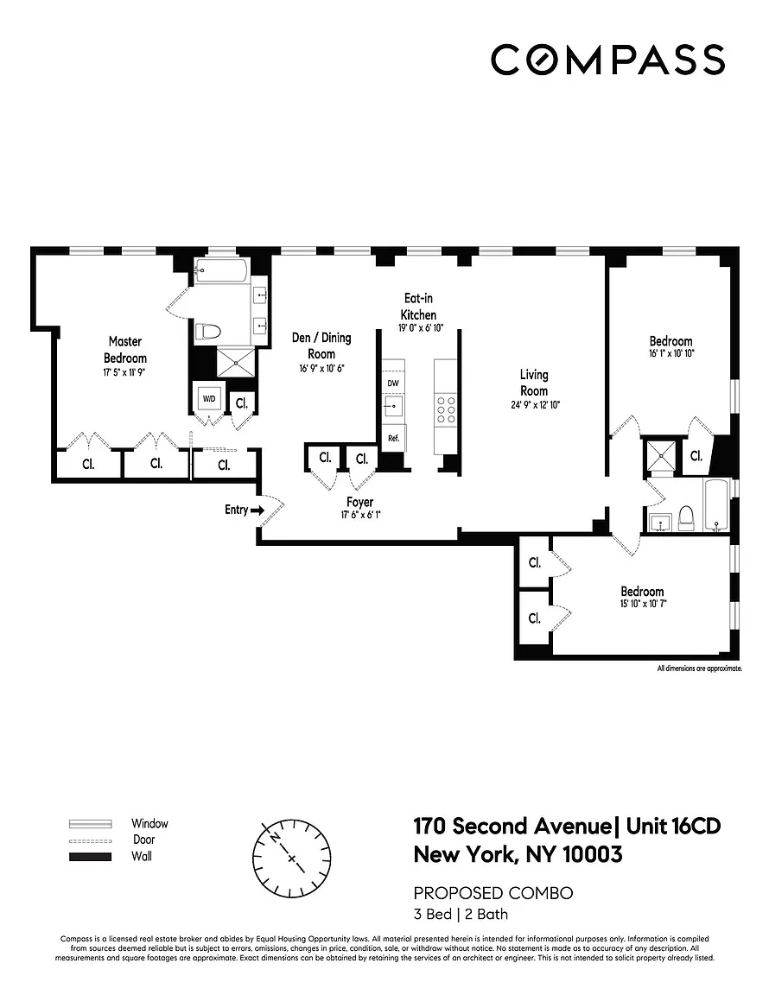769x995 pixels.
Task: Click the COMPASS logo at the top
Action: pos(607,60)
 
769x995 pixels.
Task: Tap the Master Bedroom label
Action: pos(125,350)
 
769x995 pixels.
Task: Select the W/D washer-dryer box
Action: pos(209,399)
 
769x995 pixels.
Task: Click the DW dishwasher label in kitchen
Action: pos(393,383)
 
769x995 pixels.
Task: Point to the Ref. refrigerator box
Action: pos(393,438)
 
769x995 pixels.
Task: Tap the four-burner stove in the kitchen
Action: pos(448,409)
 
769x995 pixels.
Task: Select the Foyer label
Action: pos(359,503)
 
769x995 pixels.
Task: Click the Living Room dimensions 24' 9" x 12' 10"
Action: pos(534,404)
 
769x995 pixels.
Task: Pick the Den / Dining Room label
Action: pos(321,345)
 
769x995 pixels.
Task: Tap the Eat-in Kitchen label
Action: pos(418,307)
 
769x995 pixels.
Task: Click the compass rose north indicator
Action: pos(276,837)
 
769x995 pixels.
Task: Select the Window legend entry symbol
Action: pos(90,823)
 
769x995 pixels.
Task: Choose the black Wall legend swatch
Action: pos(90,857)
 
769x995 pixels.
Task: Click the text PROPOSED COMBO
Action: pos(493,893)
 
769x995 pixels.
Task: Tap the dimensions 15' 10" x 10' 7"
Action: pos(642,605)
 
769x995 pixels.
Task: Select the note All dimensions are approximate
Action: pos(699,668)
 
